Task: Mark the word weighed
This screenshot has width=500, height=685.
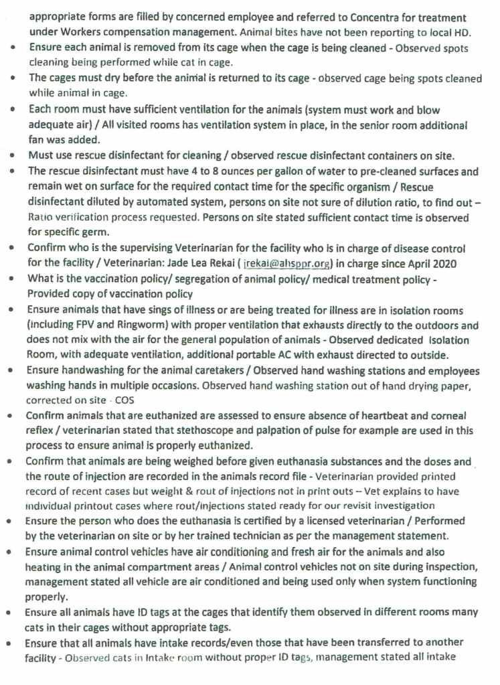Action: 184,461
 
